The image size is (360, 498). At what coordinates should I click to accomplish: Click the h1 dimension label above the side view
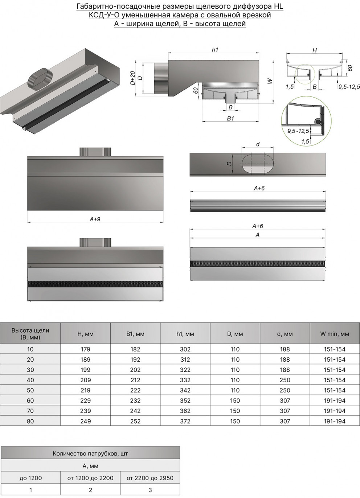[x=215, y=50]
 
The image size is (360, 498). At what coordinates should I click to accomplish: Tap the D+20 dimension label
[x=132, y=78]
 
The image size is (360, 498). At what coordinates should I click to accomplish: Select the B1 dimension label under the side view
[x=230, y=118]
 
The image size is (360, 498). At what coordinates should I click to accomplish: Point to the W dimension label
[x=270, y=81]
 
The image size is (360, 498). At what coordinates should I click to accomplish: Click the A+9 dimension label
[x=95, y=219]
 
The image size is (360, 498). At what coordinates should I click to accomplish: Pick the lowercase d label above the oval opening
[x=258, y=144]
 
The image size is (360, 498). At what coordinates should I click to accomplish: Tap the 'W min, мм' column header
[x=335, y=334]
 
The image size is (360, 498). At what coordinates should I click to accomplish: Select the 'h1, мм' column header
[x=185, y=334]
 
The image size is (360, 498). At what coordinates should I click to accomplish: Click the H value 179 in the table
[x=85, y=349]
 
